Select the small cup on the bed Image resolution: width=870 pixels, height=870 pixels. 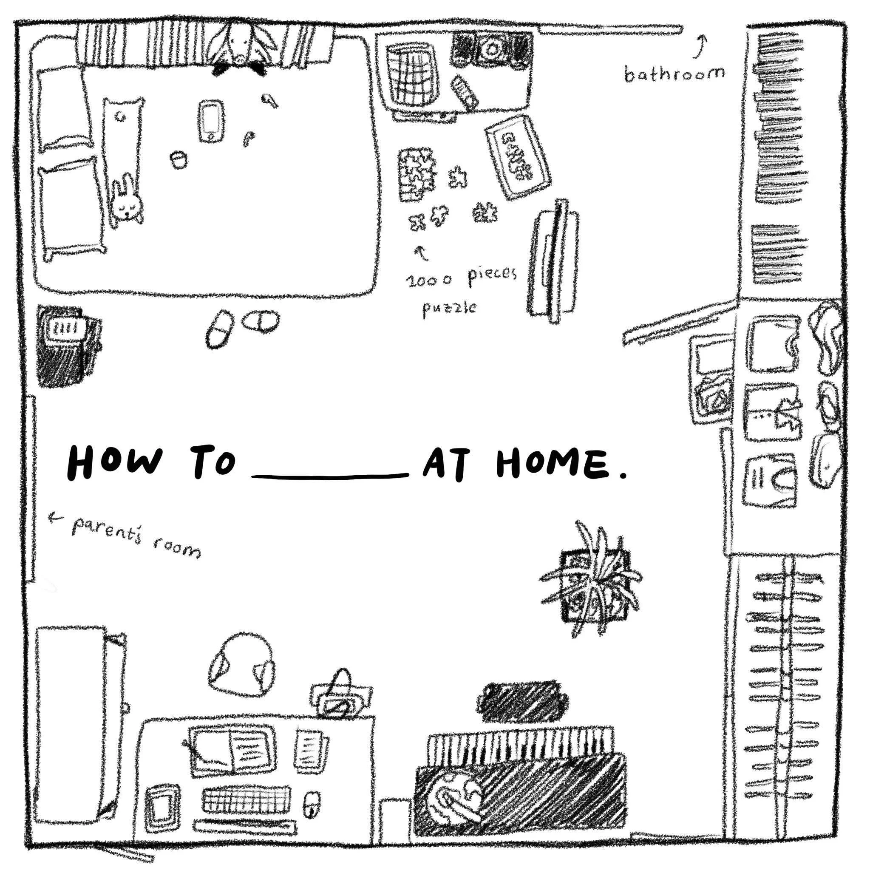(x=179, y=159)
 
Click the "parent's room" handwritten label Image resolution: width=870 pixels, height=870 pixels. (x=135, y=537)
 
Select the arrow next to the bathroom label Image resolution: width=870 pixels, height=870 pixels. (x=701, y=47)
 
